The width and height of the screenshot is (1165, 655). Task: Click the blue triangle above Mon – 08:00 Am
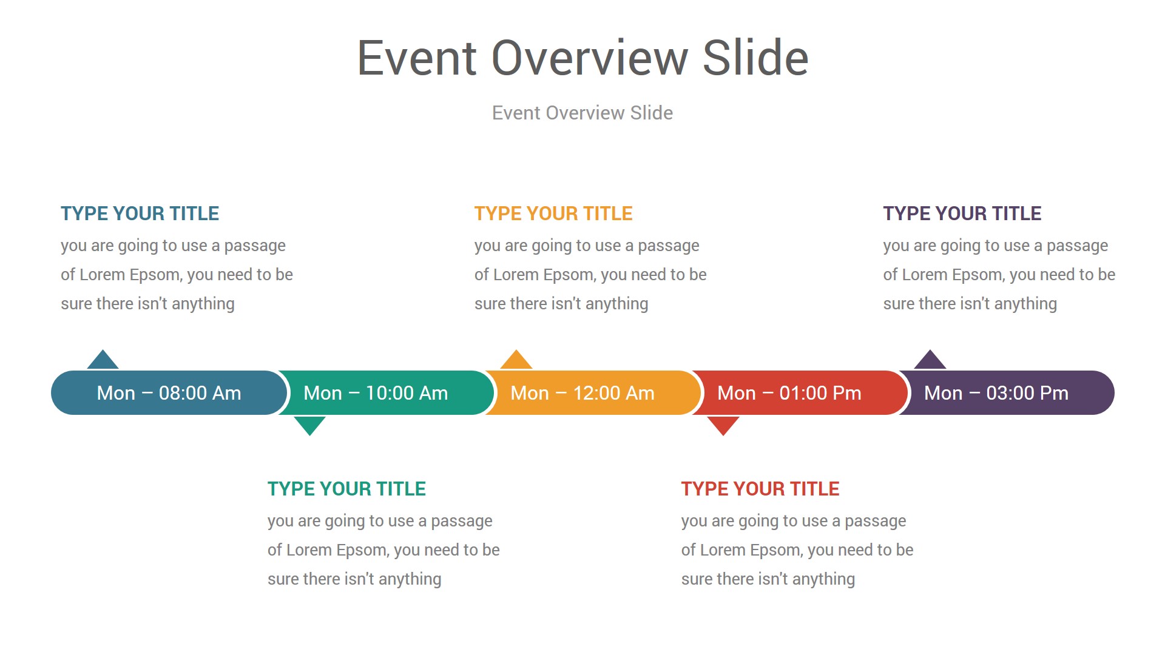pos(103,360)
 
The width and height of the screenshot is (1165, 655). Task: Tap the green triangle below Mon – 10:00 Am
pos(309,425)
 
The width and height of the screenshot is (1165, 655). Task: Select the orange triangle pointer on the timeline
pos(516,360)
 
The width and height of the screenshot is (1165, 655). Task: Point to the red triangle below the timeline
pos(723,425)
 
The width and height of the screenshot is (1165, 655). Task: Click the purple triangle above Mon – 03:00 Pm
pos(930,360)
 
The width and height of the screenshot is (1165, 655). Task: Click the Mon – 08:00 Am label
pos(169,393)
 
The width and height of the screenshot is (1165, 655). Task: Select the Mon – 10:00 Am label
pos(376,393)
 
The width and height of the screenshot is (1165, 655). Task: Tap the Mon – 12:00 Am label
pos(582,393)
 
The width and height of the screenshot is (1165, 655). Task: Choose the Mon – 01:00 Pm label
pos(789,393)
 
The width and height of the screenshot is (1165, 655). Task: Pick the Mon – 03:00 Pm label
pos(996,393)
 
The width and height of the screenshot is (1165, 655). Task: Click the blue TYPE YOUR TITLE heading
pos(140,213)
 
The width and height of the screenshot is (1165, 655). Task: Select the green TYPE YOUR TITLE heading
pos(347,489)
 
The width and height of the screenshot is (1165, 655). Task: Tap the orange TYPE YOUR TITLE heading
pos(553,213)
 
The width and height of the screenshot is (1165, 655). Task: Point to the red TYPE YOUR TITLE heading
pos(760,489)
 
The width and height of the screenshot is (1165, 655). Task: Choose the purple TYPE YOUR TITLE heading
pos(962,213)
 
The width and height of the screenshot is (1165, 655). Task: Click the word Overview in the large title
pos(590,58)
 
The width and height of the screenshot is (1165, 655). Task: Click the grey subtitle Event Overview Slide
pos(582,113)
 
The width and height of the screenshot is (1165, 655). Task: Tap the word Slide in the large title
pos(756,58)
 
